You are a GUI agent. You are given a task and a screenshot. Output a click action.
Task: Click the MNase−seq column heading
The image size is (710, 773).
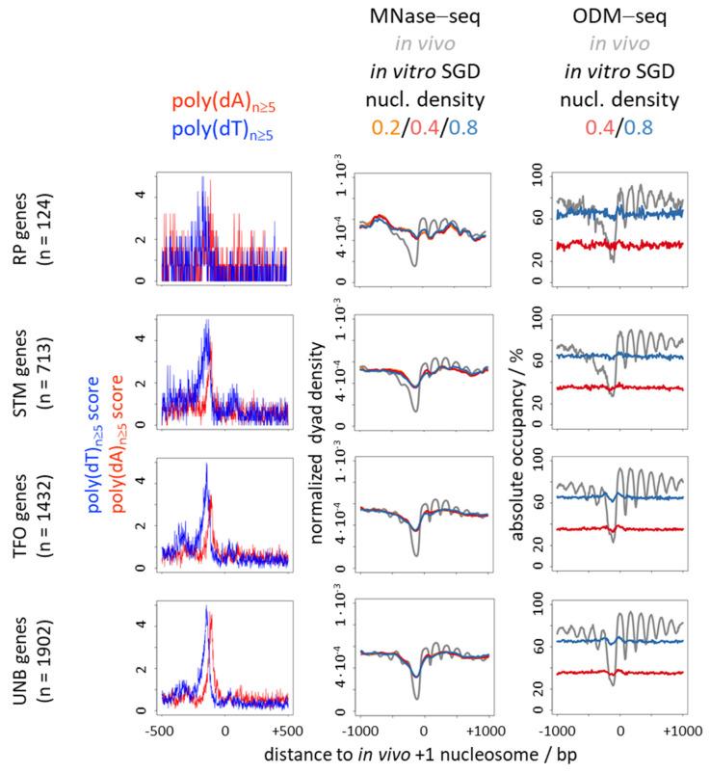point(425,18)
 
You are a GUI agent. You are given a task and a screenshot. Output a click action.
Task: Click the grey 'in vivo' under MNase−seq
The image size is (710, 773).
point(425,43)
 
